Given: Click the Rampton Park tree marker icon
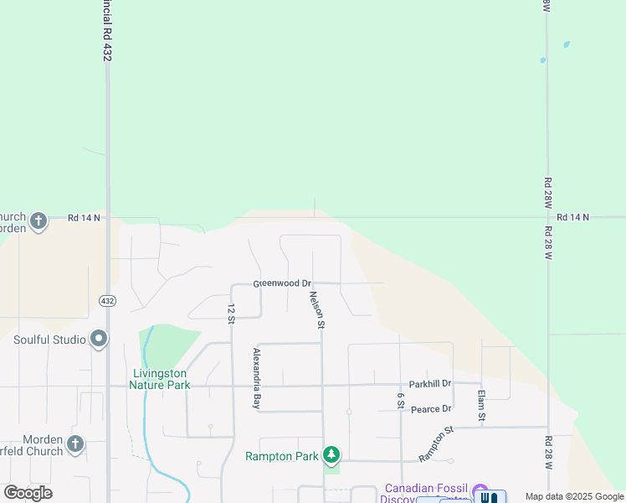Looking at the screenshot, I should (x=332, y=455).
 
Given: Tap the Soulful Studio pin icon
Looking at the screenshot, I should (x=100, y=340).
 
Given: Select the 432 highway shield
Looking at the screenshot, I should (x=108, y=300).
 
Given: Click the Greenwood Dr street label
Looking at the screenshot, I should (x=283, y=283).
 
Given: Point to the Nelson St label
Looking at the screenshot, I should (x=316, y=309).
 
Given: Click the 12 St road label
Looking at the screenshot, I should (x=230, y=312).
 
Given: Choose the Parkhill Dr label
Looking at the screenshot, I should (x=430, y=383).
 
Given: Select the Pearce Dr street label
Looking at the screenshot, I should (x=431, y=408).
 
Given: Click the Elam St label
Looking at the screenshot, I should (x=481, y=406).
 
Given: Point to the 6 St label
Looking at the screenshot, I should (x=402, y=401).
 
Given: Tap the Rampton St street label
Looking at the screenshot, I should (x=436, y=443).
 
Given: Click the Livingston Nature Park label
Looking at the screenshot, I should (x=160, y=379).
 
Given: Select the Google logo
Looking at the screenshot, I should (x=28, y=493).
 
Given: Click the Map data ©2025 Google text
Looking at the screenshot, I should (x=574, y=496).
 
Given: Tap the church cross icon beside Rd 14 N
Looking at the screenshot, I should (x=38, y=221).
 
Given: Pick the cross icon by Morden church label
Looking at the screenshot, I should (x=76, y=443).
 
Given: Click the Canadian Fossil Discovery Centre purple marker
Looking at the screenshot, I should (x=480, y=490).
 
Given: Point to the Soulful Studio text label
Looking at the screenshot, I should (x=50, y=340).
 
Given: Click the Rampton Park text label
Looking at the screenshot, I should (x=282, y=456).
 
